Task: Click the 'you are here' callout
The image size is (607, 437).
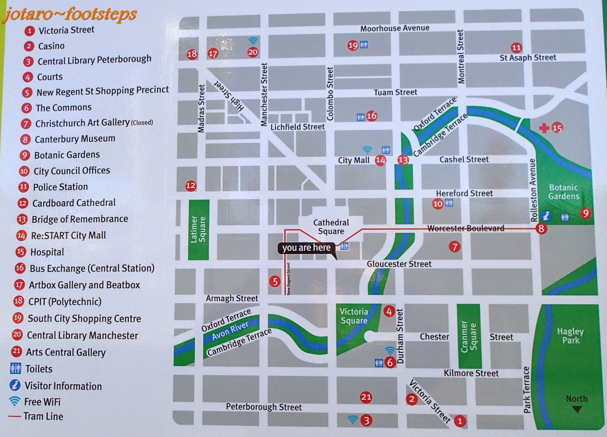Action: tap(306, 248)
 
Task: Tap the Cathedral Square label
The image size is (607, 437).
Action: tap(331, 227)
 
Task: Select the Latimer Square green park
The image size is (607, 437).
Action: tap(198, 230)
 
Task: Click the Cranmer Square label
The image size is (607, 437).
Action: tap(469, 335)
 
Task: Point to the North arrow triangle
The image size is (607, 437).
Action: tap(577, 409)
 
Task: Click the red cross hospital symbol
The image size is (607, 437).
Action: tap(544, 128)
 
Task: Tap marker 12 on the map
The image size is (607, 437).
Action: tap(191, 186)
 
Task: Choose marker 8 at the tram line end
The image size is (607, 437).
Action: tap(541, 228)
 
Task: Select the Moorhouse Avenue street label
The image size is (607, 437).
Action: tap(395, 28)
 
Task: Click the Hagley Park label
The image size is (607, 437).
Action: tap(570, 336)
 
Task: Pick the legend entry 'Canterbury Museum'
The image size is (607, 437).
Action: tap(75, 139)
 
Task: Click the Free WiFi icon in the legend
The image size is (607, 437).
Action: tap(15, 401)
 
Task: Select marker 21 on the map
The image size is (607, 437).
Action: tap(366, 397)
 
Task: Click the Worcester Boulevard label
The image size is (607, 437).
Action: tap(466, 228)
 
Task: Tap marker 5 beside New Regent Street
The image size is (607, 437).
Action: tap(275, 281)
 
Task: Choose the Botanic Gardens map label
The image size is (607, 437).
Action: tap(564, 192)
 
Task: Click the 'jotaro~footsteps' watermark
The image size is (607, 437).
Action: tap(70, 14)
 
